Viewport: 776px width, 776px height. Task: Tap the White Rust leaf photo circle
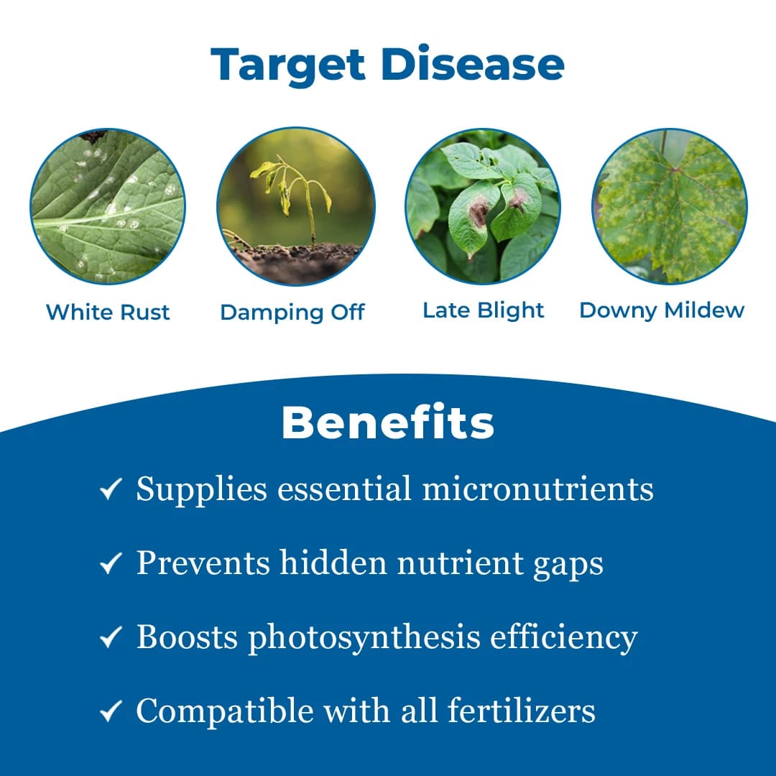[x=108, y=207]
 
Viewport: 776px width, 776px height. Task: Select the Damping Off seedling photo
[x=295, y=207]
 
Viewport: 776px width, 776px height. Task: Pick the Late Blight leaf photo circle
[x=483, y=207]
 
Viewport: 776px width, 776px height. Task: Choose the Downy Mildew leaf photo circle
[x=670, y=207]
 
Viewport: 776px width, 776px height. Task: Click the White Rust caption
[x=108, y=313]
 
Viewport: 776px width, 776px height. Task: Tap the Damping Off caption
[x=292, y=313]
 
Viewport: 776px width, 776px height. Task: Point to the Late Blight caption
[x=483, y=310]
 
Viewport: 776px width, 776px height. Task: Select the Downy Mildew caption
[x=662, y=310]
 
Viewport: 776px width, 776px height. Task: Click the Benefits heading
[x=388, y=423]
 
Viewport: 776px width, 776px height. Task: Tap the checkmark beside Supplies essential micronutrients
[x=110, y=491]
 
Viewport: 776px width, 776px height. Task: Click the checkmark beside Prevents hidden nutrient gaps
[x=110, y=565]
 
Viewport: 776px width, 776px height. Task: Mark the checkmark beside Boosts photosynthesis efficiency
[x=110, y=639]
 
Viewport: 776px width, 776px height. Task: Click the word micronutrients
[x=537, y=489]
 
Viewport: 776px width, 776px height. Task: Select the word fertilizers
[x=521, y=711]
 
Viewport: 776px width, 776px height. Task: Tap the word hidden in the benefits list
[x=327, y=563]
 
